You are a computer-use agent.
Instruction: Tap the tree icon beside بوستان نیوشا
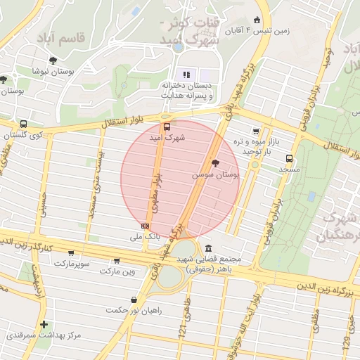click(4, 79)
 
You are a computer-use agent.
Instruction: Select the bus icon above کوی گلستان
click(24, 124)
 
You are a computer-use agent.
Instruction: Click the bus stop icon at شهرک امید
click(167, 127)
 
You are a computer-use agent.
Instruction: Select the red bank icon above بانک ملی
click(145, 226)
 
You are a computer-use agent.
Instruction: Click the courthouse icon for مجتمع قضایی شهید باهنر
click(210, 248)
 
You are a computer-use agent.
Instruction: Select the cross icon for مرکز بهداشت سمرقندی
click(44, 324)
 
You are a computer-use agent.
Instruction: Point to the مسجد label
click(289, 169)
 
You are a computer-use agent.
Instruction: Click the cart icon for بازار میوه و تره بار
click(255, 131)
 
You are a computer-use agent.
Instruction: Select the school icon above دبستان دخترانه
click(186, 74)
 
